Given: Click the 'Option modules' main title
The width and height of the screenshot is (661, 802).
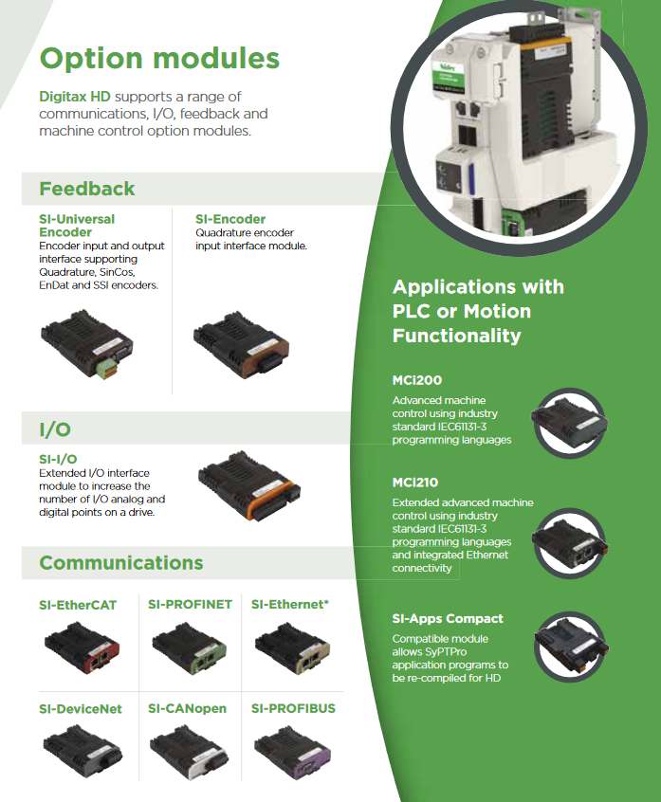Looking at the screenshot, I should tap(159, 58).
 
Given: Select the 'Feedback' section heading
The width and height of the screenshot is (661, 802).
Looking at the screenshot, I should tap(87, 189).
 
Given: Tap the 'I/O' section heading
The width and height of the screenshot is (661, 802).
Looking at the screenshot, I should tap(55, 429).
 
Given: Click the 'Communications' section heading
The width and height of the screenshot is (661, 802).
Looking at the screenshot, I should tap(121, 563).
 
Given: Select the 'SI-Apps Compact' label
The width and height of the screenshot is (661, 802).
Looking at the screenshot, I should tap(448, 618).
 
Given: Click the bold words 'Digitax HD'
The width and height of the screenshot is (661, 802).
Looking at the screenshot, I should tap(74, 97).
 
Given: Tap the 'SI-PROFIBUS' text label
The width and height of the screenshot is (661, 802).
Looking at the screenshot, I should tap(293, 708).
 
